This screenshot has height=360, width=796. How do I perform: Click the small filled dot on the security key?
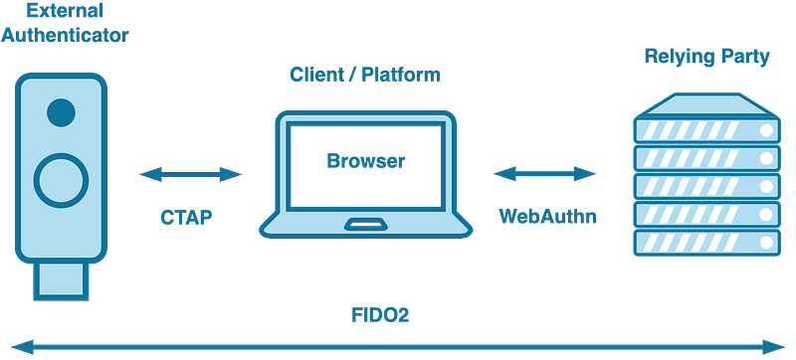pyautogui.click(x=62, y=108)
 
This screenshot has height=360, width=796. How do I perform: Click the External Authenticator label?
pyautogui.click(x=66, y=26)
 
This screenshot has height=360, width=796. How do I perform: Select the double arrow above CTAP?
pyautogui.click(x=190, y=176)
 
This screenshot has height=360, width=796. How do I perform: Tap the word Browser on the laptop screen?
pyautogui.click(x=364, y=161)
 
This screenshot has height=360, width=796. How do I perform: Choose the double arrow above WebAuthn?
pyautogui.click(x=545, y=175)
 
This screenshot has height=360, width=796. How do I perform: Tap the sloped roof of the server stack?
pyautogui.click(x=704, y=102)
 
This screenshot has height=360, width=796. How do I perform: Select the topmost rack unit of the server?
pyautogui.click(x=704, y=130)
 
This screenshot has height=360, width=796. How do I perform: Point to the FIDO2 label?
pyautogui.click(x=382, y=316)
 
